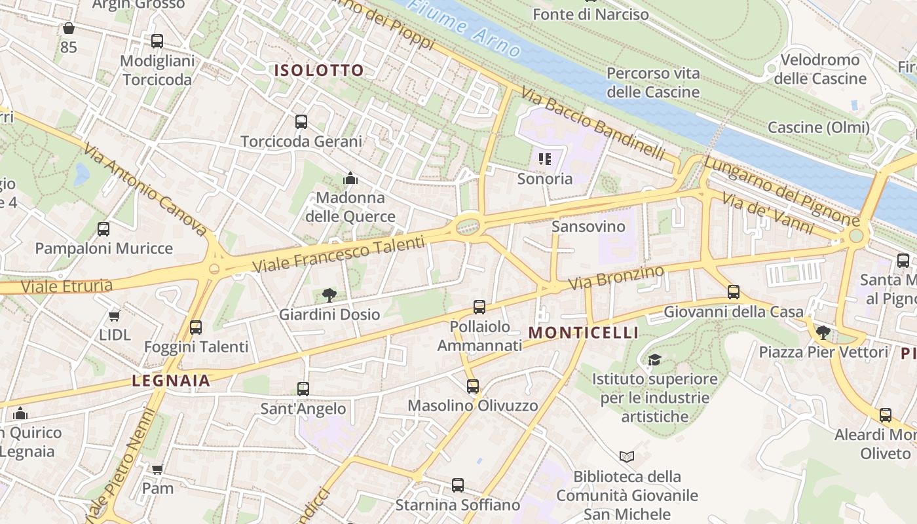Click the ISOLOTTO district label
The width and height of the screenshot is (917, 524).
point(319,71)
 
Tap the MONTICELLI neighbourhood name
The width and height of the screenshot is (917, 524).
point(583,333)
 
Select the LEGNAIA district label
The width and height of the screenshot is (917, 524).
point(171,381)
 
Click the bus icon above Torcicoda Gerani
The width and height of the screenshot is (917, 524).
point(301,122)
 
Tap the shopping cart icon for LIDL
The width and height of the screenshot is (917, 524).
point(115,316)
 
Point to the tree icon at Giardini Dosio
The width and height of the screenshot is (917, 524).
point(329,295)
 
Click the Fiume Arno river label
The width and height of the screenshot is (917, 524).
point(464,28)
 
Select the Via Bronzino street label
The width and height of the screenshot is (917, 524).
point(616,278)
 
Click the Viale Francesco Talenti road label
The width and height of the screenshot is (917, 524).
point(339,254)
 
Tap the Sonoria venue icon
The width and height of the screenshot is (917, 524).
point(545,159)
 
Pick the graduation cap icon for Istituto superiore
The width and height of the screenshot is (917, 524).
point(654,360)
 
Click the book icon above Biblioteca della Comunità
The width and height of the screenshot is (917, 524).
point(627,457)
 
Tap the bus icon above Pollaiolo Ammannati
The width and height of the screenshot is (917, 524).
point(479,307)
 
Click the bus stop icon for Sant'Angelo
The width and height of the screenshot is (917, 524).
point(303,389)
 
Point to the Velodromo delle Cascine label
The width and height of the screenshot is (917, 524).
point(819,69)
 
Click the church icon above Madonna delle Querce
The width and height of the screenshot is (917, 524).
point(350,178)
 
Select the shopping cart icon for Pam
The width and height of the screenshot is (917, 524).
point(157,469)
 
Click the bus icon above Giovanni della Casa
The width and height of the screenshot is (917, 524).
point(734,292)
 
